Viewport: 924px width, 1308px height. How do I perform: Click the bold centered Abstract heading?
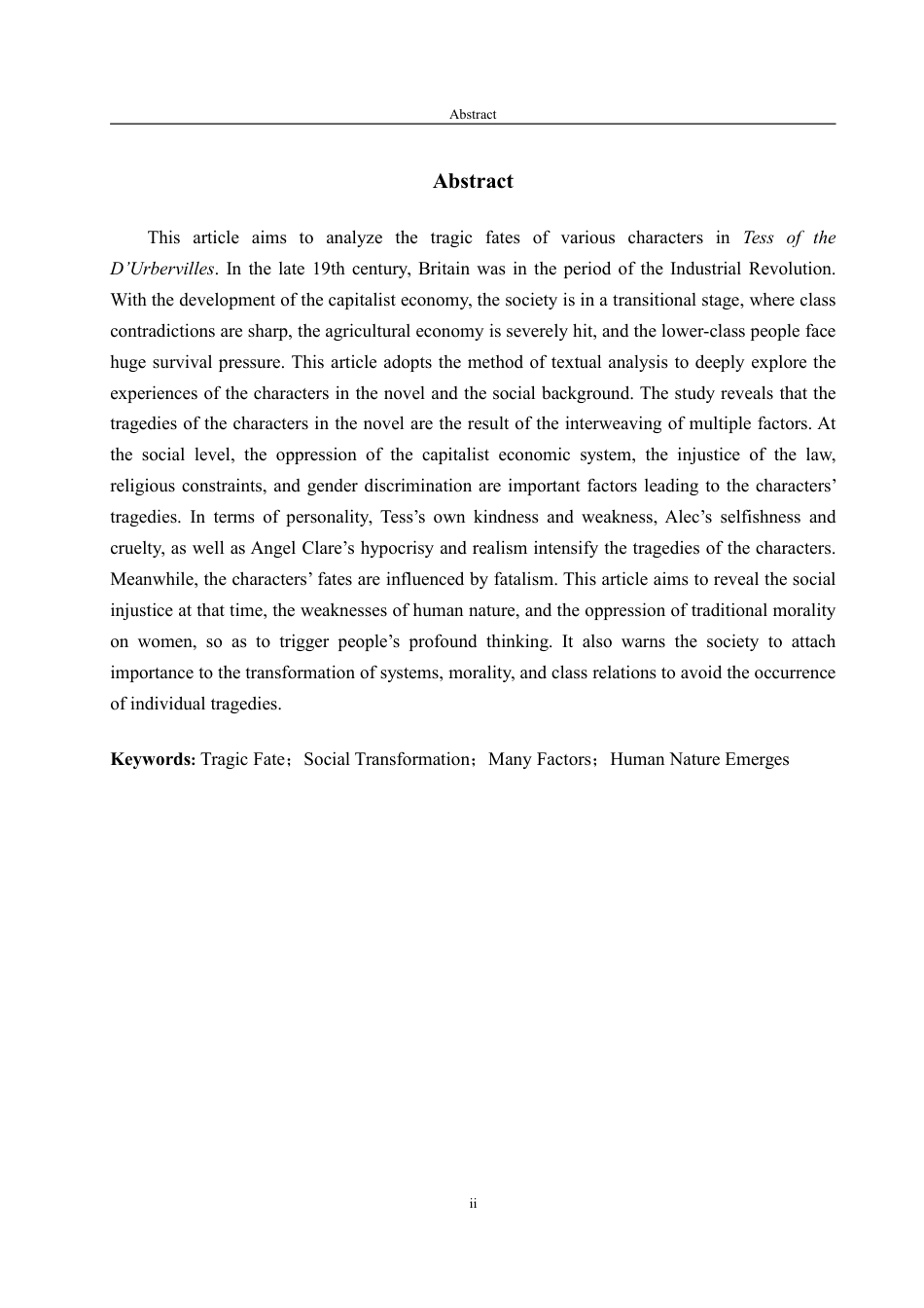pos(473,181)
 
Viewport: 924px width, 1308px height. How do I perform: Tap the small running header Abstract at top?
pos(473,114)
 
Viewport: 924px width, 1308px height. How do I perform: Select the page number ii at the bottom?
pos(473,1204)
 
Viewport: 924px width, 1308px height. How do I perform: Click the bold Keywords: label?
pos(153,759)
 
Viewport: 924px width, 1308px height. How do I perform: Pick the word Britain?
pos(444,269)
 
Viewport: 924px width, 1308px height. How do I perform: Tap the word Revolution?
pos(793,269)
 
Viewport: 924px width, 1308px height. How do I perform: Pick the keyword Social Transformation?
pos(387,759)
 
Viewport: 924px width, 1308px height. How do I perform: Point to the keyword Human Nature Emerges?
pos(699,759)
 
